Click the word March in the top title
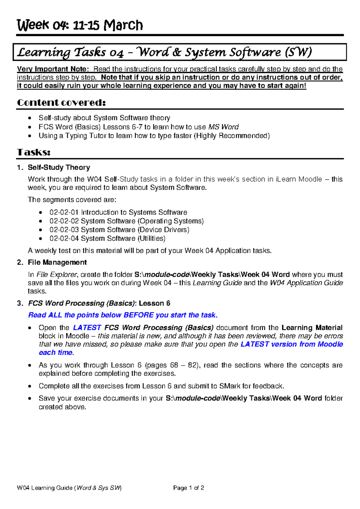123,25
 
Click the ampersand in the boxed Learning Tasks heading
177,53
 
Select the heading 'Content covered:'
61,103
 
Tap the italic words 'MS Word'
223,127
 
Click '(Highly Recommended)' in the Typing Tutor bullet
232,136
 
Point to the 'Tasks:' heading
34,152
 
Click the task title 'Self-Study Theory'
59,167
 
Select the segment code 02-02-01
64,212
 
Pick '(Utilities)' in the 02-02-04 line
151,239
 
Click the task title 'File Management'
57,263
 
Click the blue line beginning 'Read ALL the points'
123,315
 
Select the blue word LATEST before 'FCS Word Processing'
87,328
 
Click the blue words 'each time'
56,353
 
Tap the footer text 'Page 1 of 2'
188,488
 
